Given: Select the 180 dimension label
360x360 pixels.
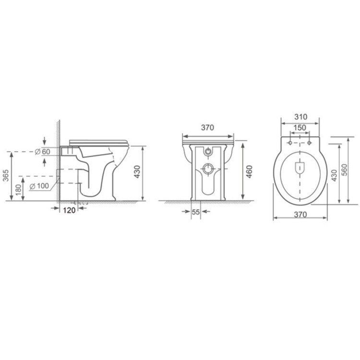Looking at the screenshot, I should (x=19, y=189).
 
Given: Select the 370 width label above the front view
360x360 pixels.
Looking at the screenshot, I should (x=207, y=128).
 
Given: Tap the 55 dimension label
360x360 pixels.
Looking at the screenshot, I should (x=196, y=212).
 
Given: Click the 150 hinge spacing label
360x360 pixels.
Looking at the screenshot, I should (x=300, y=127).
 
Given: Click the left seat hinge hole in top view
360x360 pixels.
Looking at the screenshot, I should (x=290, y=143).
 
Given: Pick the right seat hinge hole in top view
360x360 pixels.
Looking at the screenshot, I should (x=310, y=143).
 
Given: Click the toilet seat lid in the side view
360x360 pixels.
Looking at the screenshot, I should (x=100, y=141).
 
